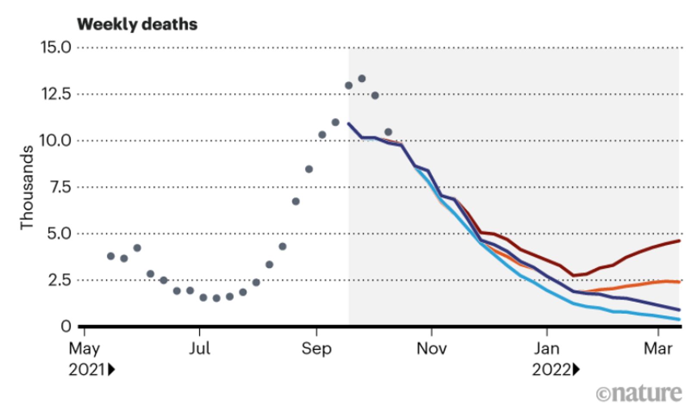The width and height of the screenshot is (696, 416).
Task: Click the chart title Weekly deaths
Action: point(137,24)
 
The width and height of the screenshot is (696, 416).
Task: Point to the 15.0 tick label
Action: point(56,47)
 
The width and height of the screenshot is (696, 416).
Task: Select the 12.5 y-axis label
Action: point(56,93)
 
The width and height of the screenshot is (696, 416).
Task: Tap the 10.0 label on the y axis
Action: point(56,140)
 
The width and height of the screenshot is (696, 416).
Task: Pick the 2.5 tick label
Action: point(59,280)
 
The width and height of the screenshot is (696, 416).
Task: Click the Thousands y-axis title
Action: point(27,187)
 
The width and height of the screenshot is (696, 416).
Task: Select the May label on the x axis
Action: point(84,348)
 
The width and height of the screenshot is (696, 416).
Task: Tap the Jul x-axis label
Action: point(199,348)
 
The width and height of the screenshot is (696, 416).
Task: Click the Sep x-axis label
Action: point(317,348)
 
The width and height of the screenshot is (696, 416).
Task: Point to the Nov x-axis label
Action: point(432,348)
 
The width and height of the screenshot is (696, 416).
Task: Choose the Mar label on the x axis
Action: point(658,348)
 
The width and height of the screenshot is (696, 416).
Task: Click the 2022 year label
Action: point(551,369)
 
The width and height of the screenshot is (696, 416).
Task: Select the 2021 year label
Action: point(87,369)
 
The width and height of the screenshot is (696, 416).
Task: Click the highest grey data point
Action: point(362,78)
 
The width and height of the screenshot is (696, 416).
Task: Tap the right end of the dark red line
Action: point(679,241)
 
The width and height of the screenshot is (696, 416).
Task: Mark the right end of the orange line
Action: point(679,282)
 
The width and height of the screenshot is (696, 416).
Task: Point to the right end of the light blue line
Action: point(679,319)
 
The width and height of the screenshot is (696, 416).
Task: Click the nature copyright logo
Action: point(639,393)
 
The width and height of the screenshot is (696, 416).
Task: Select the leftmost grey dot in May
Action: point(111,256)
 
